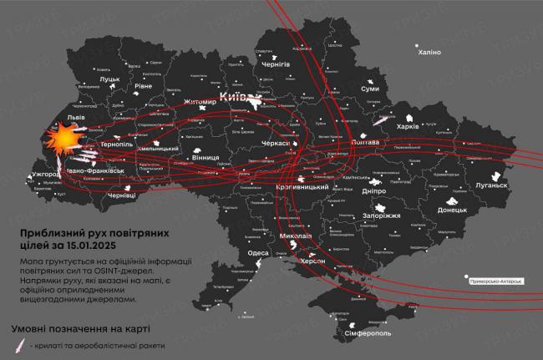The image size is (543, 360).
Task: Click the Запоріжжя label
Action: [x=382, y=215]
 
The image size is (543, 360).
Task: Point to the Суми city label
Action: [x=370, y=89]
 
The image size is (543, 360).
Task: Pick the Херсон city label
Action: [x=312, y=261]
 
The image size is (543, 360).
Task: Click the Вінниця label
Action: [x=206, y=157]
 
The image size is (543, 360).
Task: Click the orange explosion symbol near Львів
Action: [x=61, y=139]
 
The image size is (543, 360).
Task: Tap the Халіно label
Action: [x=429, y=52]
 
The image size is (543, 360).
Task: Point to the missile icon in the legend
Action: [x=18, y=345]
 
